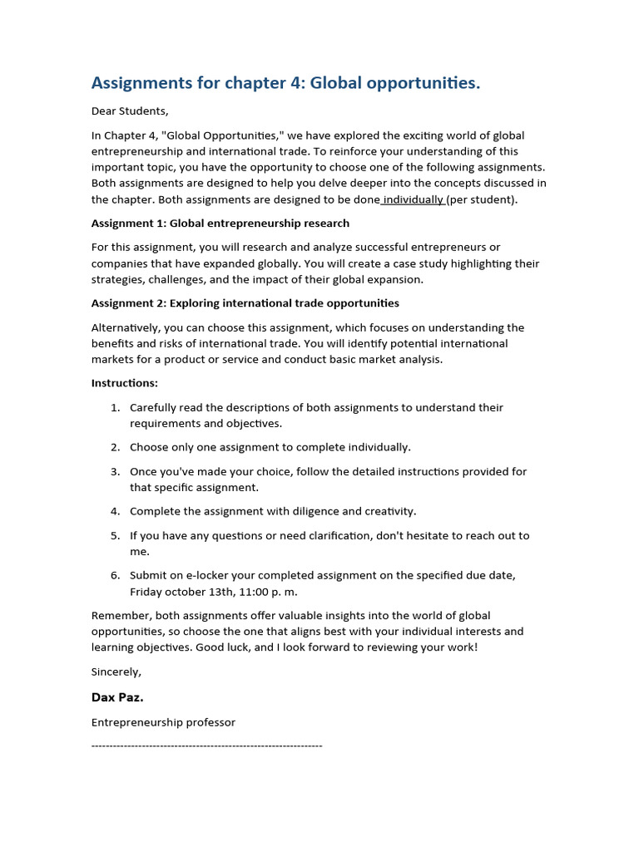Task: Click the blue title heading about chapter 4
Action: [x=285, y=83]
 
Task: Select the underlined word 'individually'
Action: [x=414, y=199]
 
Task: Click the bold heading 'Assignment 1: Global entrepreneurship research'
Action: [x=220, y=223]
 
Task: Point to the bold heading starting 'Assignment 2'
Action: [x=245, y=303]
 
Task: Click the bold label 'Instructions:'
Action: [x=124, y=383]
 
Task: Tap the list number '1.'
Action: [x=116, y=407]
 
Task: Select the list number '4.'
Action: [x=116, y=511]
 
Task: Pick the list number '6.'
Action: [x=116, y=575]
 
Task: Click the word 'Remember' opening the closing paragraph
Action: [x=120, y=615]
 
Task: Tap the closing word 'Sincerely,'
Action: [x=116, y=671]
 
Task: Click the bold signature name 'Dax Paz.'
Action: [x=117, y=697]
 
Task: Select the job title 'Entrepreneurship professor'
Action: [x=163, y=722]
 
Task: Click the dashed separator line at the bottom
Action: [x=206, y=745]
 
